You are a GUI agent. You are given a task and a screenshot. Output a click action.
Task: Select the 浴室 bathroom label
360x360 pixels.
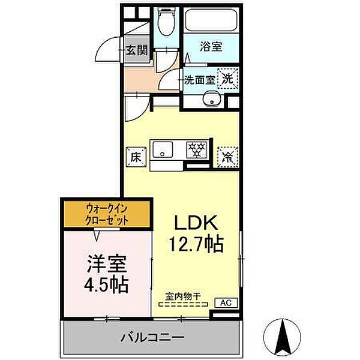tap(211, 46)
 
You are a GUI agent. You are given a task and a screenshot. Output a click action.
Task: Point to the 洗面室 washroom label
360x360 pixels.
tap(198, 79)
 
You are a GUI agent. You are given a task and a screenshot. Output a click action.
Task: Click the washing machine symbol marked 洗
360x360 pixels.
tap(228, 77)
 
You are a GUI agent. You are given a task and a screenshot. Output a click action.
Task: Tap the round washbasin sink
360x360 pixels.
tap(211, 100)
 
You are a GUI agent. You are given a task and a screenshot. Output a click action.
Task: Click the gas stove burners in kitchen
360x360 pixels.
tap(195, 149)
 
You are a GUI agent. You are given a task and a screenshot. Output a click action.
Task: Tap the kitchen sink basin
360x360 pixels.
tap(162, 149)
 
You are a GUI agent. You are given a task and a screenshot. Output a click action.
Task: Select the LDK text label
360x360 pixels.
tap(194, 223)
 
